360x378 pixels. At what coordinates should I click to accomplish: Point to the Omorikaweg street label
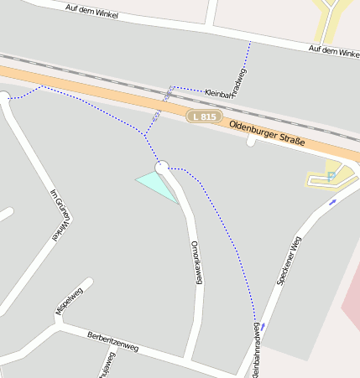click(x=197, y=262)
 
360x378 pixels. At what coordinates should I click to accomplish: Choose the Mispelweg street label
click(x=70, y=301)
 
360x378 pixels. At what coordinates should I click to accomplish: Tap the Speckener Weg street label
click(x=288, y=261)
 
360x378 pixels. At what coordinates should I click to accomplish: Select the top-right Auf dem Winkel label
click(x=334, y=50)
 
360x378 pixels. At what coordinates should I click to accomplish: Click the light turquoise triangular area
click(x=157, y=183)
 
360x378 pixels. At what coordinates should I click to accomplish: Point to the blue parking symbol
click(x=331, y=175)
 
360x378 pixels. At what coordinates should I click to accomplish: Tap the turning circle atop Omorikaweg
click(x=162, y=168)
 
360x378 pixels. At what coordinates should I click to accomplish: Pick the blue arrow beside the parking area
click(x=332, y=201)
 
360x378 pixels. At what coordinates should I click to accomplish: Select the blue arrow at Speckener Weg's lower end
click(x=263, y=325)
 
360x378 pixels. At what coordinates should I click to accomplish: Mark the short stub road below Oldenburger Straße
click(x=250, y=142)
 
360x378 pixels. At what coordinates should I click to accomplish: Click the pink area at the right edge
click(x=352, y=302)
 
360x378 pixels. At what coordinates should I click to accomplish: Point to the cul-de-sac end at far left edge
click(x=3, y=96)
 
